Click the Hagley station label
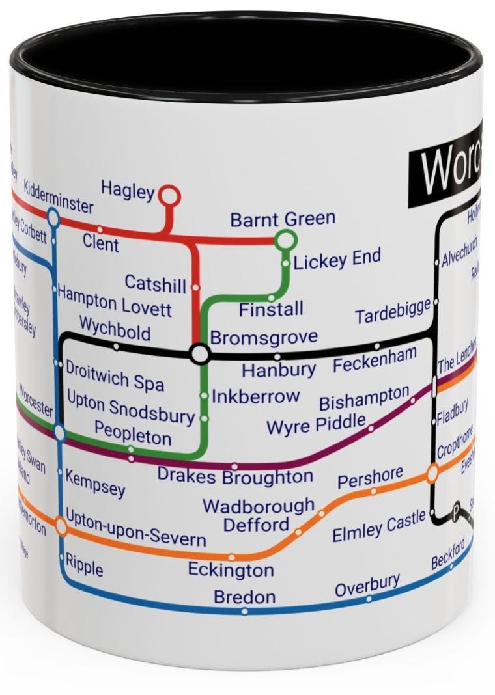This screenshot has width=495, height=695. click(x=128, y=190)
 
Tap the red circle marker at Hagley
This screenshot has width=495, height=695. click(x=169, y=195)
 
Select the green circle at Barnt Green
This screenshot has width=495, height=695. click(x=285, y=241)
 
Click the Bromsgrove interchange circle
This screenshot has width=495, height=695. click(x=199, y=354)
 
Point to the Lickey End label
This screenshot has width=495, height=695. click(x=337, y=260)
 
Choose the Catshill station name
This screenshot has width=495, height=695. click(x=155, y=283)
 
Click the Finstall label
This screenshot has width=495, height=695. click(x=271, y=309)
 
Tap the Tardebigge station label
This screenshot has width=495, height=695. click(x=393, y=312)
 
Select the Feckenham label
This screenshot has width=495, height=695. click(x=375, y=361)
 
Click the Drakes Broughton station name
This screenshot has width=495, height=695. click(x=235, y=477)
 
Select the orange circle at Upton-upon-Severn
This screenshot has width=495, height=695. click(x=61, y=525)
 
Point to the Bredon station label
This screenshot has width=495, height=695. click(x=244, y=596)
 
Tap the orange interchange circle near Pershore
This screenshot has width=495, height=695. click(x=432, y=473)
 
